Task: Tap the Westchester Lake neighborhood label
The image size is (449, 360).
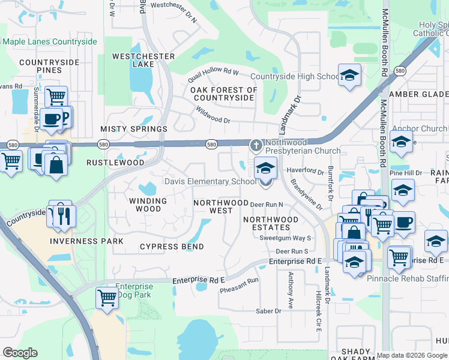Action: click(x=143, y=60)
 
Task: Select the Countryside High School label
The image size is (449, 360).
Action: click(x=295, y=76)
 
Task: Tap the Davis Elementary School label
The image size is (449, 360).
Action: click(x=210, y=181)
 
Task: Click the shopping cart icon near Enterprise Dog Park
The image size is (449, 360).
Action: click(x=107, y=297)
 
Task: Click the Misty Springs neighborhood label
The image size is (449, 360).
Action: click(x=134, y=129)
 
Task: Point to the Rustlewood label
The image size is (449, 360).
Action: click(x=115, y=163)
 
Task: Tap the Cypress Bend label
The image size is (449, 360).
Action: click(x=172, y=247)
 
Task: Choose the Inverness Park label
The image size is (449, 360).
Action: click(x=86, y=241)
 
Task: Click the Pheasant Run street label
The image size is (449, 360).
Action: click(x=239, y=284)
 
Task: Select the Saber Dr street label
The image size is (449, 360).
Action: click(x=269, y=311)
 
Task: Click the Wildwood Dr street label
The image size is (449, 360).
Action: click(x=212, y=115)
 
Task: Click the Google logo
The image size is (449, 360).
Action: click(x=20, y=353)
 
